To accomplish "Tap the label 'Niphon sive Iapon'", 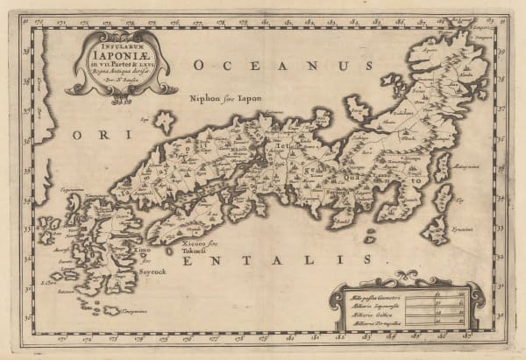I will coord(230,99).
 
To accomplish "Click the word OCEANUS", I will coord(278,66).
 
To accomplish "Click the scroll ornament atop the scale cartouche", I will coord(405,278).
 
